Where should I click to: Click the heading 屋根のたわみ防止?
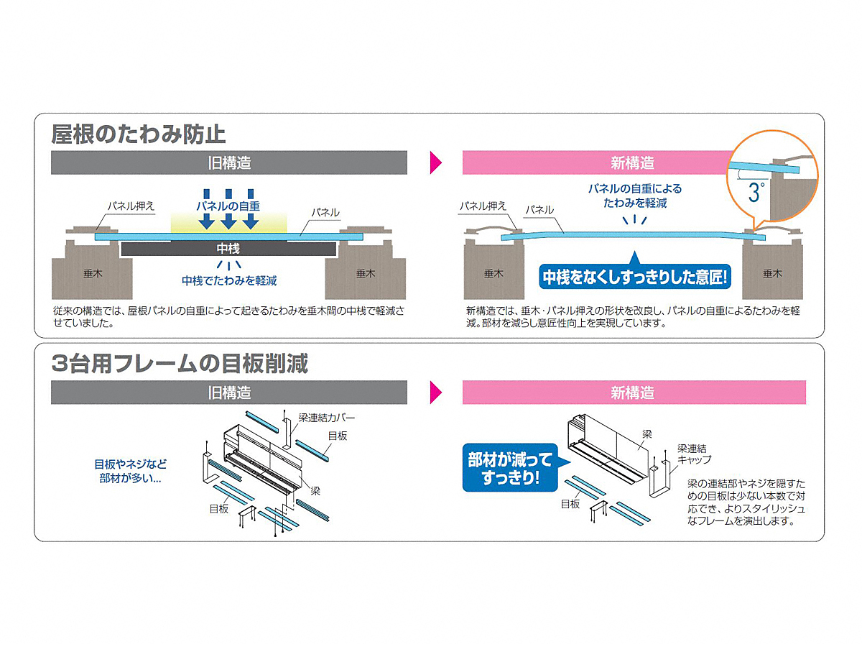[138, 134]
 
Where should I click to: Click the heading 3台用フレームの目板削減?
[180, 363]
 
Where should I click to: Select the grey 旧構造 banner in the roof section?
[229, 162]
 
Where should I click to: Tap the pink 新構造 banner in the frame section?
[634, 393]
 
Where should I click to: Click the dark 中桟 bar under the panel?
[228, 249]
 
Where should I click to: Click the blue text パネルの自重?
[228, 206]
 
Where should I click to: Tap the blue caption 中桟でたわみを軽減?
[229, 280]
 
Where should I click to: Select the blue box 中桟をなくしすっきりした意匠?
[634, 277]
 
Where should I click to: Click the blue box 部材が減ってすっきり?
[510, 468]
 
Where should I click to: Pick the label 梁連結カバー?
[326, 418]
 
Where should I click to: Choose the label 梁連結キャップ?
[694, 454]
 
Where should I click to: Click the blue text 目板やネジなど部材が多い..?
[131, 471]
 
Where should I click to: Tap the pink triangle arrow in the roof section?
[436, 162]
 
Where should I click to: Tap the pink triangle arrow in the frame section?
[436, 393]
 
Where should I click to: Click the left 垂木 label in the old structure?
[93, 273]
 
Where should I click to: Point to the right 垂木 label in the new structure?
[772, 273]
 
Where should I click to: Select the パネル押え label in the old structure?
[131, 206]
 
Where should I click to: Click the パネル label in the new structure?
[539, 210]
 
